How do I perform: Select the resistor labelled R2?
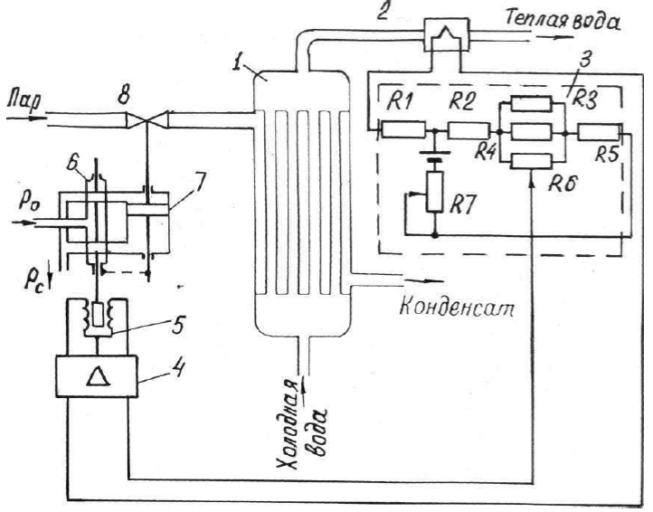[x=468, y=130]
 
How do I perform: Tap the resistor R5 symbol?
[x=599, y=133]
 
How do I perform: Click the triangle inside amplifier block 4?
[x=98, y=377]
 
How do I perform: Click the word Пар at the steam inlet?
[x=24, y=102]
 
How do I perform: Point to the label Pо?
[x=27, y=205]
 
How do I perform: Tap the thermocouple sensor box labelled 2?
[x=446, y=34]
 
